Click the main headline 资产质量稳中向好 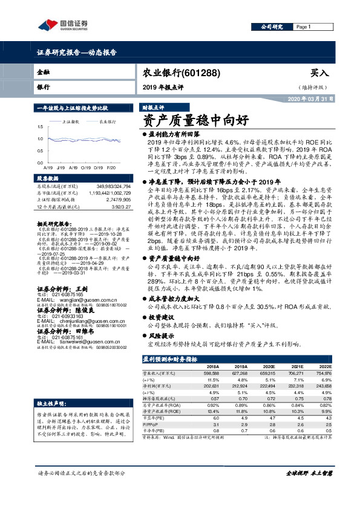pyautogui.click(x=195, y=120)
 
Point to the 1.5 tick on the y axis pyautogui.click(x=40, y=126)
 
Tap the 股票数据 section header pyautogui.click(x=48, y=178)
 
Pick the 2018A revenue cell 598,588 pyautogui.click(x=212, y=374)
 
